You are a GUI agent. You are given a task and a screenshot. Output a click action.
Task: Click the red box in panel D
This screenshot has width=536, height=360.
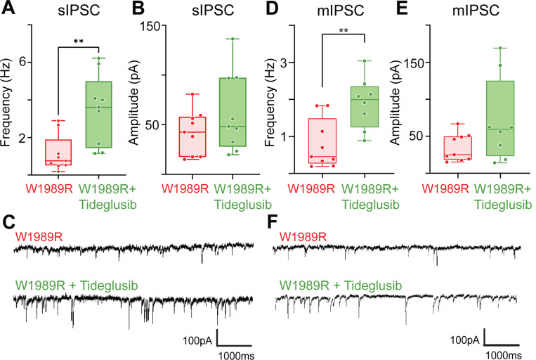tap(325, 141)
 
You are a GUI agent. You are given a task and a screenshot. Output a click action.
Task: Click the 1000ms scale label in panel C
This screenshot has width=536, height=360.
tap(235, 354)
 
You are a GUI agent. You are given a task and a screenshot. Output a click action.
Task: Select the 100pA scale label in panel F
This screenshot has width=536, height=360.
tap(466, 340)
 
